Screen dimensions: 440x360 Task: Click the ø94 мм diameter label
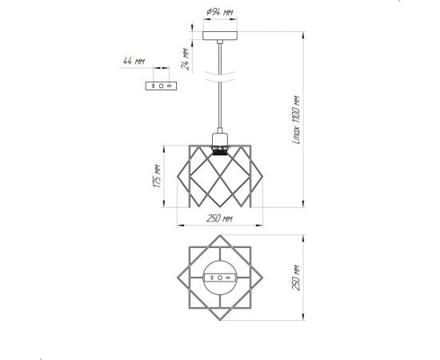click(x=220, y=12)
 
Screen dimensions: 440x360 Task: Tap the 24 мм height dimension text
click(x=186, y=59)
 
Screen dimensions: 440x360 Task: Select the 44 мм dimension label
click(x=134, y=61)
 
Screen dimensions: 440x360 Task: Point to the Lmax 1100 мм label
click(x=297, y=120)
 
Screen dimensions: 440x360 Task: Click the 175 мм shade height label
click(x=157, y=176)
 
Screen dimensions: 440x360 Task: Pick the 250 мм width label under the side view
click(x=219, y=218)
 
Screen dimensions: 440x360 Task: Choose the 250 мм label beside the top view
click(x=297, y=278)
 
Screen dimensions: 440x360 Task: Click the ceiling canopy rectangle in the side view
click(x=220, y=35)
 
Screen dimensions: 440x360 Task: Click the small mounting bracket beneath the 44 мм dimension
click(x=162, y=86)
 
